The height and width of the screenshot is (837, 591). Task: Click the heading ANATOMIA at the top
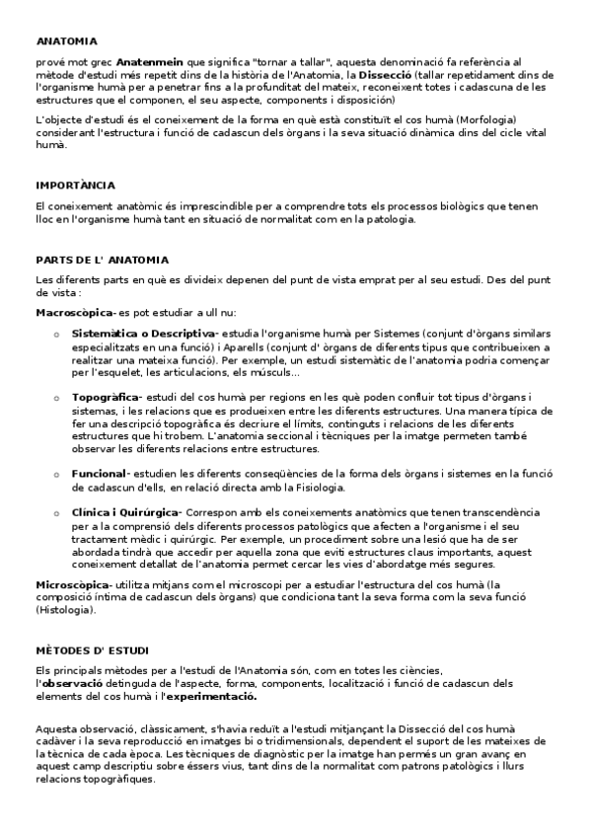pos(67,41)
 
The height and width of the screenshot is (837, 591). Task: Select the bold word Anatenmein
pos(163,61)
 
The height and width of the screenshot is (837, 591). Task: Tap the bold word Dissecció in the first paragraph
pos(385,74)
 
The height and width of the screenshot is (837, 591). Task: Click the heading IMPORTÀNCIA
pos(75,185)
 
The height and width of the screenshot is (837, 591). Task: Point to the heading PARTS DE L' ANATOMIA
pos(102,260)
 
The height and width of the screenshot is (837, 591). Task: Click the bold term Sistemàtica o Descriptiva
pos(143,334)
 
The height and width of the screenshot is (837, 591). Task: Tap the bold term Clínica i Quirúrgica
pos(125,512)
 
